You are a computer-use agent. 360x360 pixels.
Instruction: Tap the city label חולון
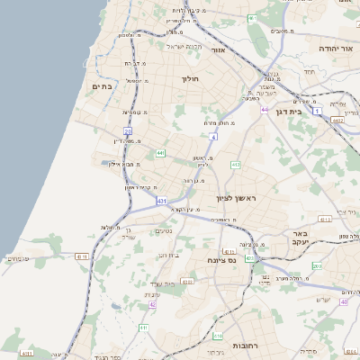click(190, 79)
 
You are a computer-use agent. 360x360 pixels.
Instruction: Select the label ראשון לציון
click(237, 198)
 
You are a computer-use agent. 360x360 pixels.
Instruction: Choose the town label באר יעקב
click(300, 237)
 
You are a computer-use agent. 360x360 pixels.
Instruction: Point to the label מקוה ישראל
click(186, 45)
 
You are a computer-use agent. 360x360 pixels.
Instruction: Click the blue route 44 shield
click(265, 110)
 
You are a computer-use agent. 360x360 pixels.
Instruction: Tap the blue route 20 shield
click(129, 131)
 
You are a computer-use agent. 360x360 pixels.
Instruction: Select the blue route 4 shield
click(213, 136)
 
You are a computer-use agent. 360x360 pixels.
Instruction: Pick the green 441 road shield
click(160, 154)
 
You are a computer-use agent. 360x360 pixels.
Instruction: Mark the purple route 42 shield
click(153, 305)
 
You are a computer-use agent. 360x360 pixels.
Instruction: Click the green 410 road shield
click(218, 336)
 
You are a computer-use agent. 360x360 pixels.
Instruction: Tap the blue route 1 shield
click(318, 110)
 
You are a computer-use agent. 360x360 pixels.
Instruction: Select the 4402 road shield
click(337, 120)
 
